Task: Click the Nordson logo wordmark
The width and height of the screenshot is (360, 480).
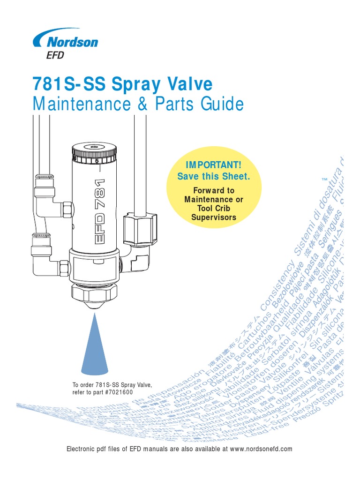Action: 70,41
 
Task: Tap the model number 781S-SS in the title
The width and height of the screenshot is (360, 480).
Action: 63,84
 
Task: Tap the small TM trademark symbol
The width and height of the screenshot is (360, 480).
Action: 323,180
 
